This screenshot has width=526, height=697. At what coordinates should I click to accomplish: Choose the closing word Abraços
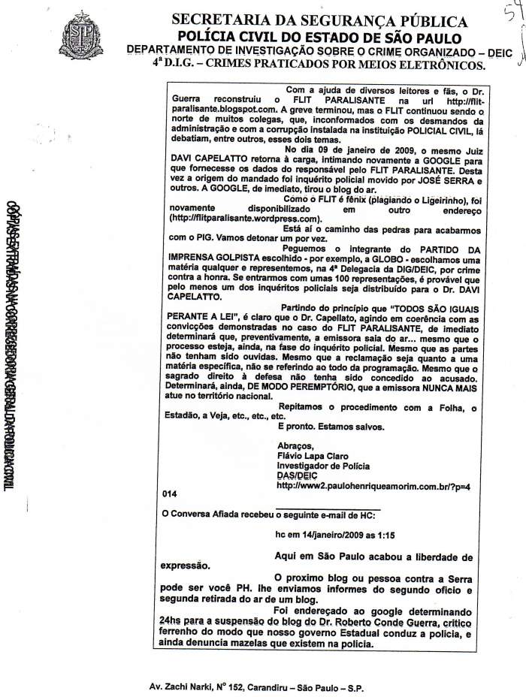(295, 445)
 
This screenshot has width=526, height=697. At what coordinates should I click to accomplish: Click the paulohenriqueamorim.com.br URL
(372, 487)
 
